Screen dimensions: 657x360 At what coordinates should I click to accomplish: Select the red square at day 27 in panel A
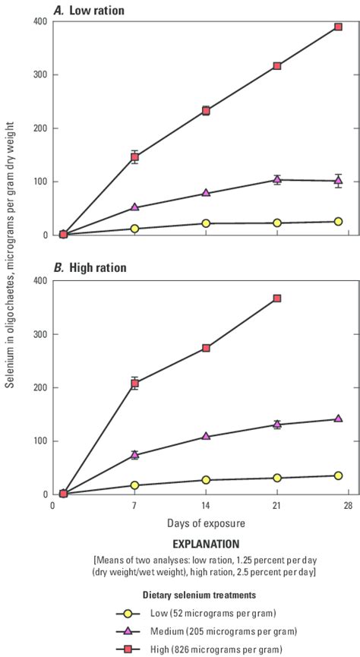[338, 27]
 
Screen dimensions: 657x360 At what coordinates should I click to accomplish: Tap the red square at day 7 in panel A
[134, 157]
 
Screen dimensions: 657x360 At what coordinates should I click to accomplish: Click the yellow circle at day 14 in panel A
[206, 223]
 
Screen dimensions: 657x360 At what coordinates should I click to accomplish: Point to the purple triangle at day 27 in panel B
[338, 419]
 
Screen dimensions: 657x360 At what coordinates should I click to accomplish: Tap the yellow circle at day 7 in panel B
[134, 485]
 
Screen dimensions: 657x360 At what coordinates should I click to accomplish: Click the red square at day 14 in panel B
[206, 348]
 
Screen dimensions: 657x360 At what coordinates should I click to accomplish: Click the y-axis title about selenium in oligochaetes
[11, 258]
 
